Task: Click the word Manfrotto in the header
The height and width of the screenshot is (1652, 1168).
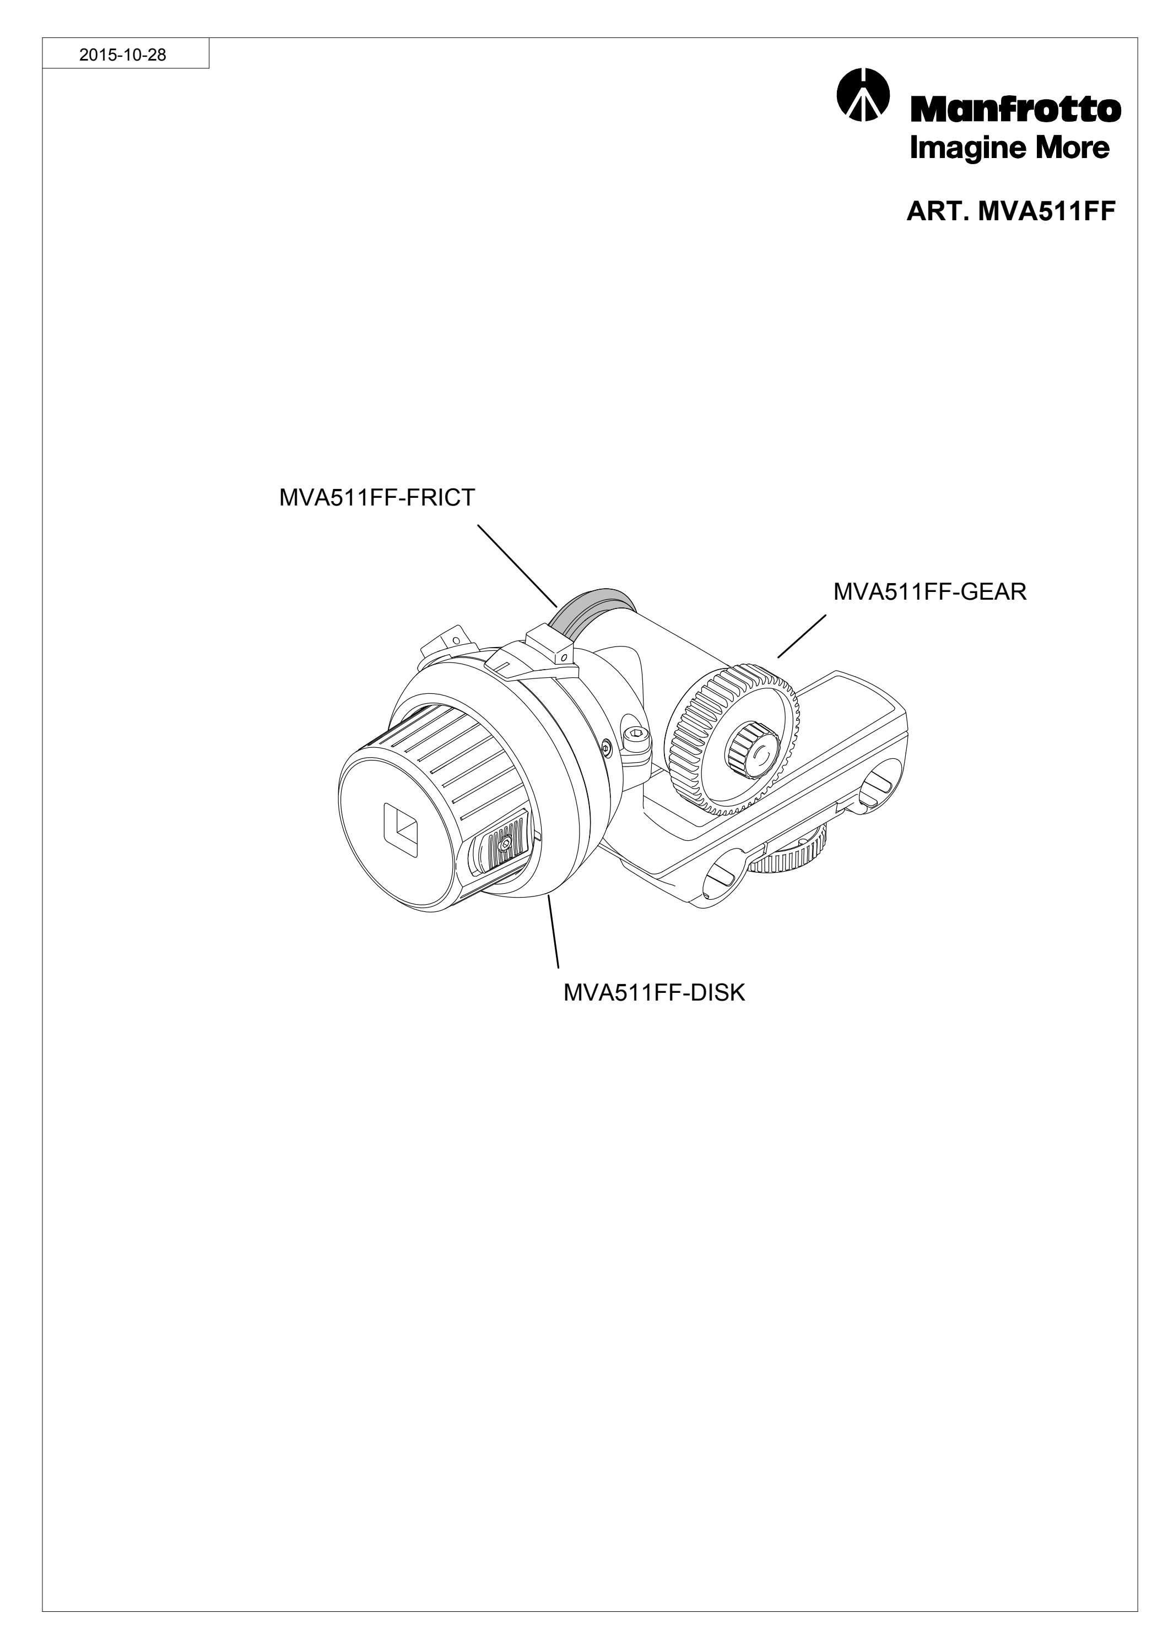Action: pyautogui.click(x=1016, y=108)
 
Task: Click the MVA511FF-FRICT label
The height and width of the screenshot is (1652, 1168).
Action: pyautogui.click(x=377, y=498)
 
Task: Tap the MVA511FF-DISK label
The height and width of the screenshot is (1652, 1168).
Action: pyautogui.click(x=654, y=993)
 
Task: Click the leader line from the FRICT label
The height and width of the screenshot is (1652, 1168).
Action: pyautogui.click(x=517, y=565)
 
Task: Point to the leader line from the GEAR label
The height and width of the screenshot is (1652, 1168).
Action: pyautogui.click(x=802, y=636)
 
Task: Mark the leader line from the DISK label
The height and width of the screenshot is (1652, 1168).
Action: pyautogui.click(x=553, y=930)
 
